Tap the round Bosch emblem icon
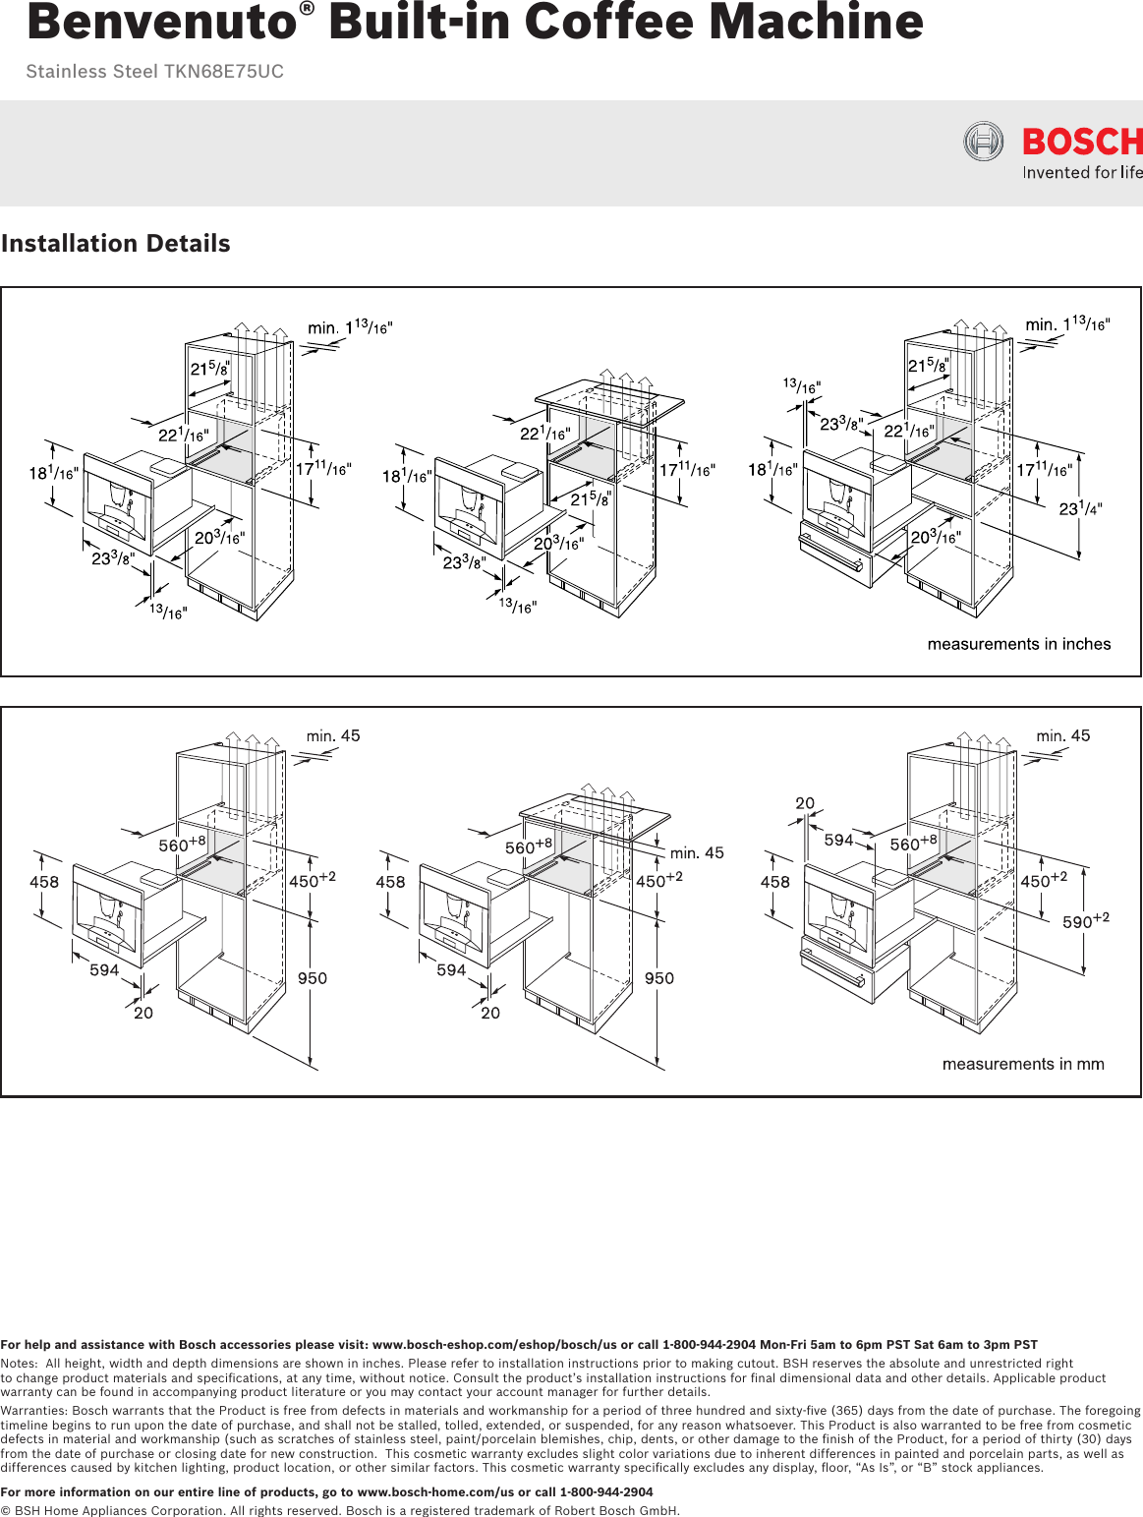983,142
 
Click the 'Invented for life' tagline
1082,173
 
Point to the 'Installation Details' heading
116,244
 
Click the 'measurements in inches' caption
1018,644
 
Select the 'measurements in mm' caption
1022,1064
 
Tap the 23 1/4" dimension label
1080,508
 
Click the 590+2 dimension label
1085,921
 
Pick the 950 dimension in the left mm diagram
313,978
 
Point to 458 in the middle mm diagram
390,882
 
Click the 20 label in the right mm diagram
805,803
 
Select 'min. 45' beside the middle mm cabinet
697,852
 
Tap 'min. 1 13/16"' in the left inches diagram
350,326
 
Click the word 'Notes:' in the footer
19,1364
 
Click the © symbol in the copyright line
6,1511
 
